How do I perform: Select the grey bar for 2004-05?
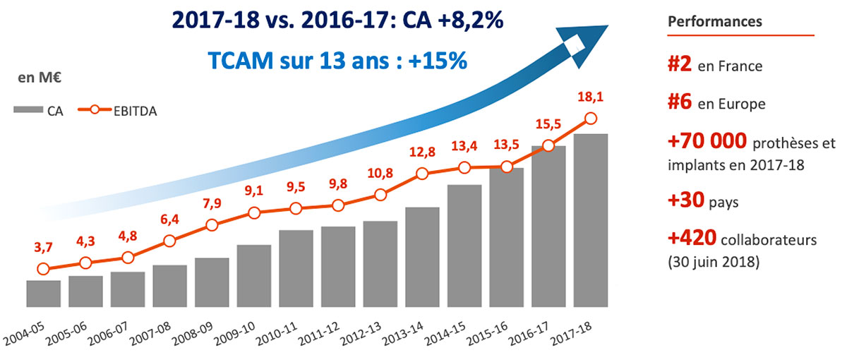(43, 294)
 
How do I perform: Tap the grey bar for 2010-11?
(296, 268)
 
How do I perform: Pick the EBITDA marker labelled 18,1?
(591, 119)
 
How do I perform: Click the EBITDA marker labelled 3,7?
(43, 269)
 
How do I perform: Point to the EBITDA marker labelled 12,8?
(422, 174)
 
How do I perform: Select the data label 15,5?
(548, 124)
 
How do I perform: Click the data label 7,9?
(211, 203)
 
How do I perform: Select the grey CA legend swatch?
(29, 110)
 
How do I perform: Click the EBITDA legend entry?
(121, 110)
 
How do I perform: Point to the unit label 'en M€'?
(33, 78)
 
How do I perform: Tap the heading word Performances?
(715, 21)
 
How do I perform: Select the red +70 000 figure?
(706, 142)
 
